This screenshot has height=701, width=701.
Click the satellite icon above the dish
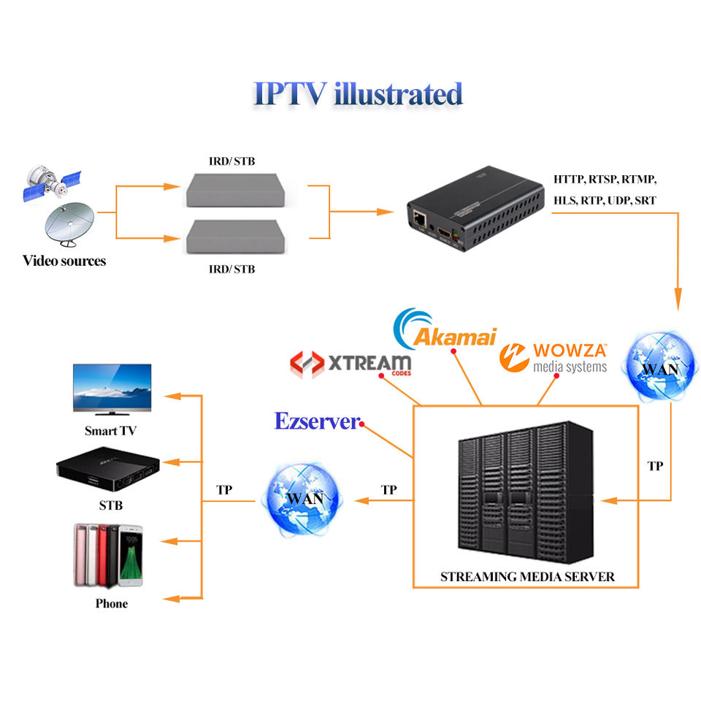52,183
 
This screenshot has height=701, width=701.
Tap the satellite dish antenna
70,223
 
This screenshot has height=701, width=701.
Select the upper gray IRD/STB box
236,190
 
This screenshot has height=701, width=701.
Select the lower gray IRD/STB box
236,237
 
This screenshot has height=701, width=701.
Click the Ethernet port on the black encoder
419,218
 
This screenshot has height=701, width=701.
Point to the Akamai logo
445,329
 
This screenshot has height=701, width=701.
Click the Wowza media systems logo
553,357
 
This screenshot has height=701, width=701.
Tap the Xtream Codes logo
350,364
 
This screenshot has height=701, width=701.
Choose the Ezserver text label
317,421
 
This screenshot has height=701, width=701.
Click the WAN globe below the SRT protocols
660,366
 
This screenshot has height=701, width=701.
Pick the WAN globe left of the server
304,499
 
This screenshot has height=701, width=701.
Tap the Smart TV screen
112,387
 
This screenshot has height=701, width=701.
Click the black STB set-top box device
108,470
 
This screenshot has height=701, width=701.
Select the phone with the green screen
131,555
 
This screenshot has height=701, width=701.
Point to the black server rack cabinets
526,491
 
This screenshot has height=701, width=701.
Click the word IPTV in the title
290,93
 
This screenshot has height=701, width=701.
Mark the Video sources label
64,261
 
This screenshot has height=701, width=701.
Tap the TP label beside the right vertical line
655,466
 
